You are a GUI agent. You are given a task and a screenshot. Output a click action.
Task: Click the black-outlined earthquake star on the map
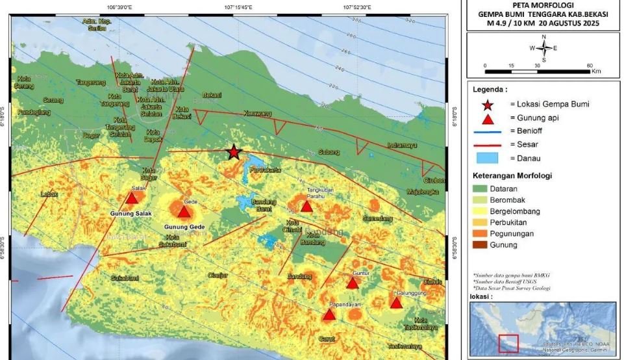click(234, 152)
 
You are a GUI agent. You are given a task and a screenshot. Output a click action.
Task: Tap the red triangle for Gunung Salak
click(132, 198)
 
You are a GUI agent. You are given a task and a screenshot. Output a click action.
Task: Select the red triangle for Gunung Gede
click(184, 212)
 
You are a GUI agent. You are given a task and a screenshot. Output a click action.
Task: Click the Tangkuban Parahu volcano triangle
click(306, 207)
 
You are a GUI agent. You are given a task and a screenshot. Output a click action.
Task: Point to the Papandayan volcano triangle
click(329, 315)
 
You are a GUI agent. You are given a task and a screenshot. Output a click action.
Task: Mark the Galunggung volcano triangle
click(396, 303)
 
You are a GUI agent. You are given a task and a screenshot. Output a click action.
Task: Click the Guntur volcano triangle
click(353, 283)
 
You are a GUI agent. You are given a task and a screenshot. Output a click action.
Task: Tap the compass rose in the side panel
click(544, 47)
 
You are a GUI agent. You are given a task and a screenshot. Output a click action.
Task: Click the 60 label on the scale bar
click(589, 66)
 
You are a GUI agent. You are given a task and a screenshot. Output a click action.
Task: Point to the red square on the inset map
click(508, 344)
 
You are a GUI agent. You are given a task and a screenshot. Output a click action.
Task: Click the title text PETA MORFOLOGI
click(544, 5)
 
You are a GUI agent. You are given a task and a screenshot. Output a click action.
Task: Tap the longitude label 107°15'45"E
click(238, 7)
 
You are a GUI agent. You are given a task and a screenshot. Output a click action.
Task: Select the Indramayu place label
click(402, 145)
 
